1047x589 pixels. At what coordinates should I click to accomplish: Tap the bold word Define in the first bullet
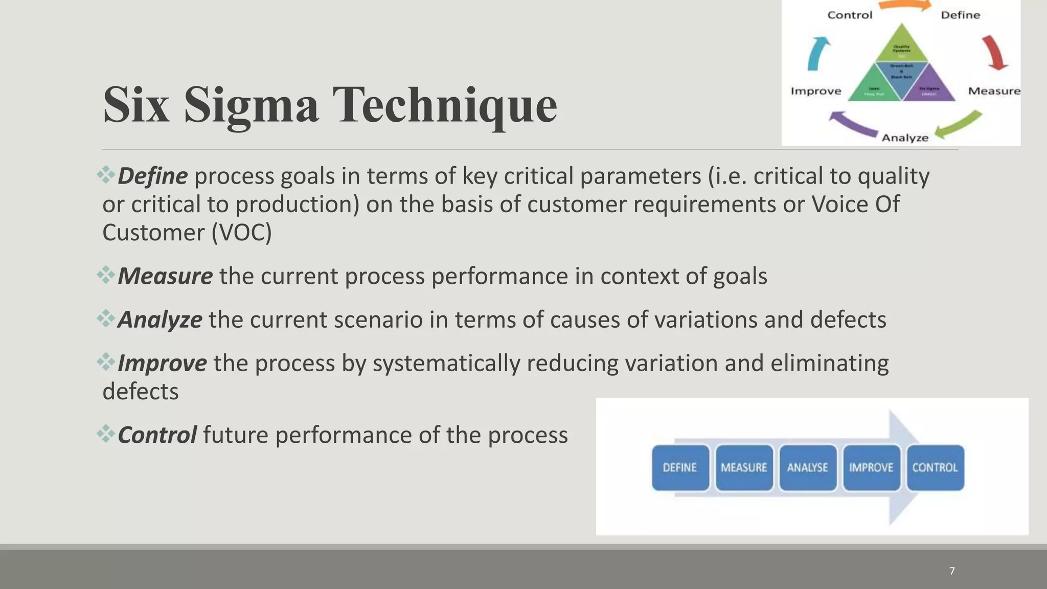pyautogui.click(x=152, y=176)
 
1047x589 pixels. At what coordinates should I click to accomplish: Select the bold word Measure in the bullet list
pyautogui.click(x=165, y=277)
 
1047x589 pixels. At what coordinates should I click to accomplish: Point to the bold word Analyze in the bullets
pyautogui.click(x=160, y=320)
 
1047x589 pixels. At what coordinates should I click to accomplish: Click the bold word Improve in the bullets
pyautogui.click(x=162, y=364)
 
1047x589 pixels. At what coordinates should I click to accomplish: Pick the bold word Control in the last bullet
pyautogui.click(x=157, y=436)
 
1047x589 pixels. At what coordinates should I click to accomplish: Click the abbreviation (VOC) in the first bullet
pyautogui.click(x=241, y=233)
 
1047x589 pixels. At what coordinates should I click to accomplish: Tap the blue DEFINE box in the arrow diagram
pyautogui.click(x=680, y=468)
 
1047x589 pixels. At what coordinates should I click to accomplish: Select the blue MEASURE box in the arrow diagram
pyautogui.click(x=744, y=468)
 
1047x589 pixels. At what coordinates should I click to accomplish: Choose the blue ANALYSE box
pyautogui.click(x=807, y=468)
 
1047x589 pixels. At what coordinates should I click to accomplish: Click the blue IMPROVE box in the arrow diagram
pyautogui.click(x=871, y=468)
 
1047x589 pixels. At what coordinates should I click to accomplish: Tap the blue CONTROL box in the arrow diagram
pyautogui.click(x=935, y=468)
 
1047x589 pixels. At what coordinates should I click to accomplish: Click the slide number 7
pyautogui.click(x=952, y=571)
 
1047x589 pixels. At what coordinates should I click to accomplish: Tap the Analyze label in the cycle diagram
pyautogui.click(x=905, y=138)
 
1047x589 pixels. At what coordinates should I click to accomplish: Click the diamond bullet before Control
pyautogui.click(x=106, y=434)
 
